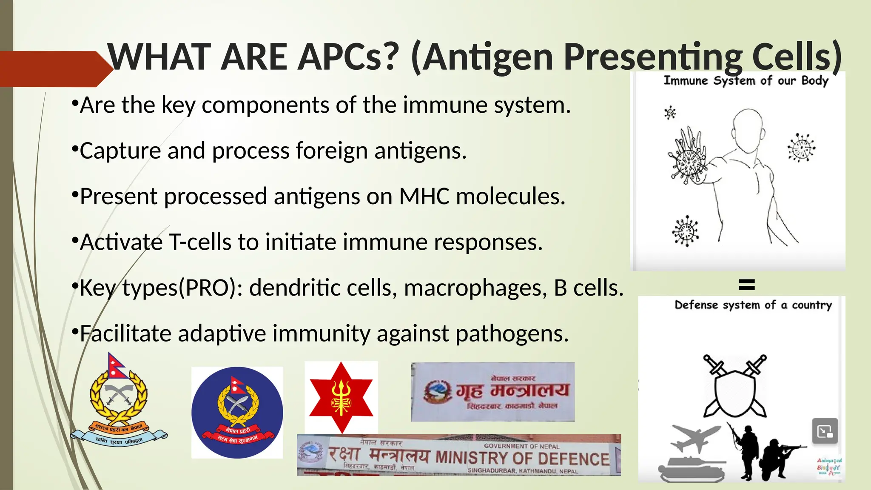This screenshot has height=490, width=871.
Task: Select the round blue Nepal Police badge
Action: (237, 413)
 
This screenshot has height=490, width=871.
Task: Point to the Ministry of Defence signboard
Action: (458, 455)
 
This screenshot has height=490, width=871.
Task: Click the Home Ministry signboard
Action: (492, 392)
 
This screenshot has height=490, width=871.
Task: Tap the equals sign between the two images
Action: (746, 285)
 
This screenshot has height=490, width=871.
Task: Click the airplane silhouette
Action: (695, 438)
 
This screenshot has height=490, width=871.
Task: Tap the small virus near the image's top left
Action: (670, 113)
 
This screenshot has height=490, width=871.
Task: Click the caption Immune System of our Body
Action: (746, 80)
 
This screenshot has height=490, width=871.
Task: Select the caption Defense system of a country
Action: (753, 305)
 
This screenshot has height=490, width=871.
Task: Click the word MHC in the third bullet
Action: (424, 197)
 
